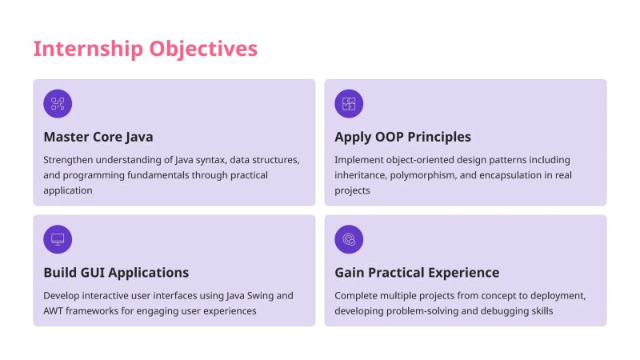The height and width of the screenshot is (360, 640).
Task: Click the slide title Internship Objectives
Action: pos(145,49)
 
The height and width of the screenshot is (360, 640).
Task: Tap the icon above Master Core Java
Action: pos(58,103)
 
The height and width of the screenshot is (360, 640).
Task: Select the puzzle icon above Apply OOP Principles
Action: pos(349,103)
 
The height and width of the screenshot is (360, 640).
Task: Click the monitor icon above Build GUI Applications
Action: pos(58,239)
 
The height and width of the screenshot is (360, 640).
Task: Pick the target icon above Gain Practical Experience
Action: pos(349,239)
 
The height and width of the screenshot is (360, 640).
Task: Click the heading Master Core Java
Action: pos(98,137)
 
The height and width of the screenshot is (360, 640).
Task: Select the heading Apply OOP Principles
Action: pos(402,137)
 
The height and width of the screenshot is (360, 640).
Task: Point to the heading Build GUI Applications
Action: pos(116,273)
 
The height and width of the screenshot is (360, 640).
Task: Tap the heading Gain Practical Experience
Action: pos(417,273)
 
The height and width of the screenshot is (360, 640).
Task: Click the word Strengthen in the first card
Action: pos(69,160)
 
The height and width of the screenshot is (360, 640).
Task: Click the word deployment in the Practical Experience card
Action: pos(558,295)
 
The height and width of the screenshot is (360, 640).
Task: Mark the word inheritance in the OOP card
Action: pos(362,175)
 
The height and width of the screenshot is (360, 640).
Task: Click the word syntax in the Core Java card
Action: pos(202,160)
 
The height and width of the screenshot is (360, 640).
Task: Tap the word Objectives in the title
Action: pos(203,49)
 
